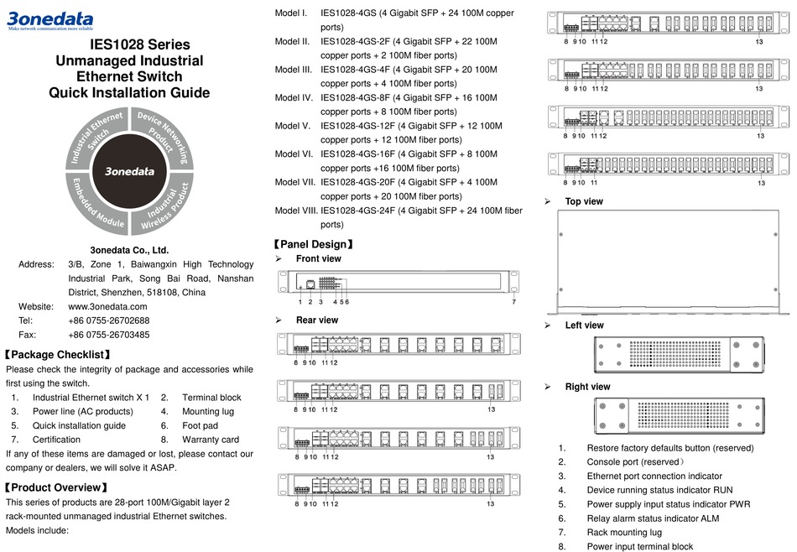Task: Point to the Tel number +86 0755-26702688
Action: pyautogui.click(x=108, y=320)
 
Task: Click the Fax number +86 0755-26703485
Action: pyautogui.click(x=108, y=335)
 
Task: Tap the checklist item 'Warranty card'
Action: pyautogui.click(x=211, y=439)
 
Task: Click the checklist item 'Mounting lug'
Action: pyautogui.click(x=208, y=411)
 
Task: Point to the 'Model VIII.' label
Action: pyautogui.click(x=296, y=210)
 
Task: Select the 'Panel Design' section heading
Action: pyautogui.click(x=313, y=244)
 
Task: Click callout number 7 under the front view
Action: pyautogui.click(x=513, y=301)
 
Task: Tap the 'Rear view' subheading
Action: pyautogui.click(x=317, y=320)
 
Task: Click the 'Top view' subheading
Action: pyautogui.click(x=584, y=201)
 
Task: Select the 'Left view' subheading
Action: pyautogui.click(x=584, y=325)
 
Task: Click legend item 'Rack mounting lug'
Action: pyautogui.click(x=624, y=532)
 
